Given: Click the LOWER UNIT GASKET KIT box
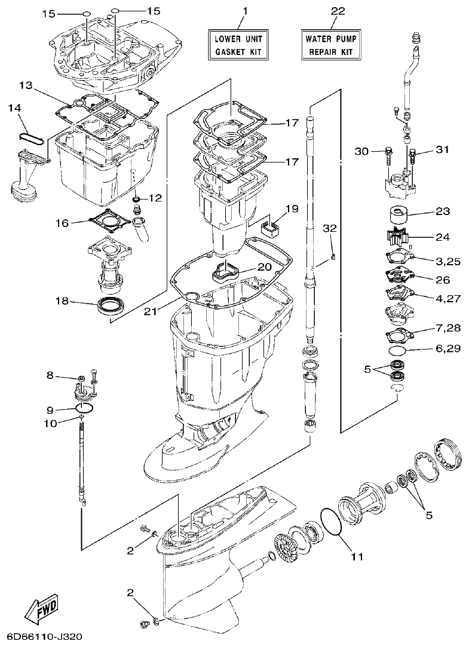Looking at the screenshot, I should click(x=238, y=45).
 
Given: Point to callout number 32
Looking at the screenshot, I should click(x=330, y=228).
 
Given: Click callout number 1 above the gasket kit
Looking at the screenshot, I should click(x=244, y=11).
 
